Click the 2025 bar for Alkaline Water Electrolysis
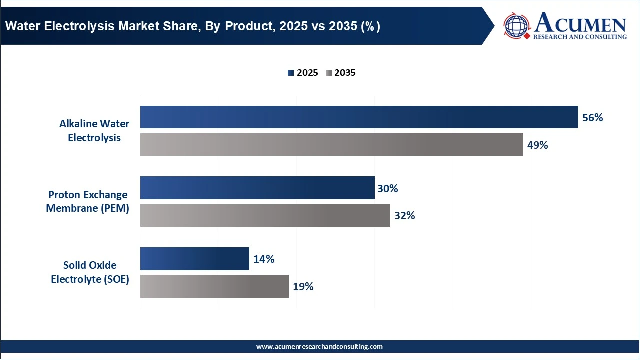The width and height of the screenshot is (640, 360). point(359,117)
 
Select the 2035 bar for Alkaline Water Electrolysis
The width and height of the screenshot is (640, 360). point(331,145)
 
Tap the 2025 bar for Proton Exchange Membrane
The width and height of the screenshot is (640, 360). point(257,188)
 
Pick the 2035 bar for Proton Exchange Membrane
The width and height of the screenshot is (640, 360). point(265,215)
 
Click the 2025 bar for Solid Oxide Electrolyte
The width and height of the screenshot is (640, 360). point(194,259)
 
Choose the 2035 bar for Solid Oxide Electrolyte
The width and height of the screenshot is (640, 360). point(214,286)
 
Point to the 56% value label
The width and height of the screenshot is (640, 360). point(593,118)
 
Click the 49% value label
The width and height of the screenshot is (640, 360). point(538,145)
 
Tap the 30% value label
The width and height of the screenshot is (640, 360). point(388,189)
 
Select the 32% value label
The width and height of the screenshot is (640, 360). point(404,216)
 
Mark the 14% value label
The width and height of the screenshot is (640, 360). point(263,259)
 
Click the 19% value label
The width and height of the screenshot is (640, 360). point(303,287)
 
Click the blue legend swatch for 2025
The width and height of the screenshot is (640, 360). point(291,73)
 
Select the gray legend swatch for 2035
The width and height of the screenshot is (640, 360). point(329,73)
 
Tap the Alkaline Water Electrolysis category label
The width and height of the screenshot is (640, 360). point(94,131)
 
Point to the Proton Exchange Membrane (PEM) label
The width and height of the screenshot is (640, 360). point(88,201)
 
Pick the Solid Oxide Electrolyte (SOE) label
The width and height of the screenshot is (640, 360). point(90,272)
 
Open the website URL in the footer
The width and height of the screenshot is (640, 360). point(319,346)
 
